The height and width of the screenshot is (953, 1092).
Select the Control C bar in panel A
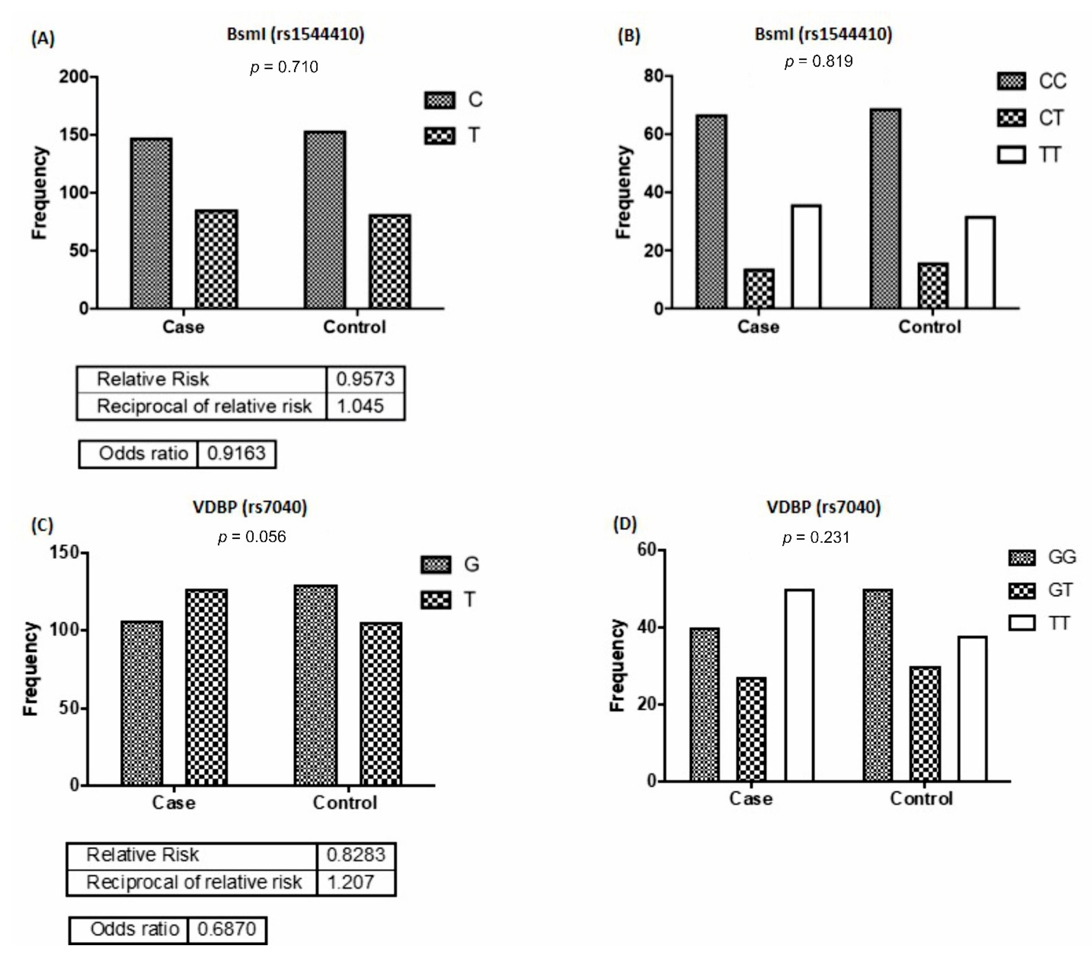[325, 220]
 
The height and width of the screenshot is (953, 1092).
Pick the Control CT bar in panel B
[933, 286]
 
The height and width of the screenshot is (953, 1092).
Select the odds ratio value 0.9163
[236, 453]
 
